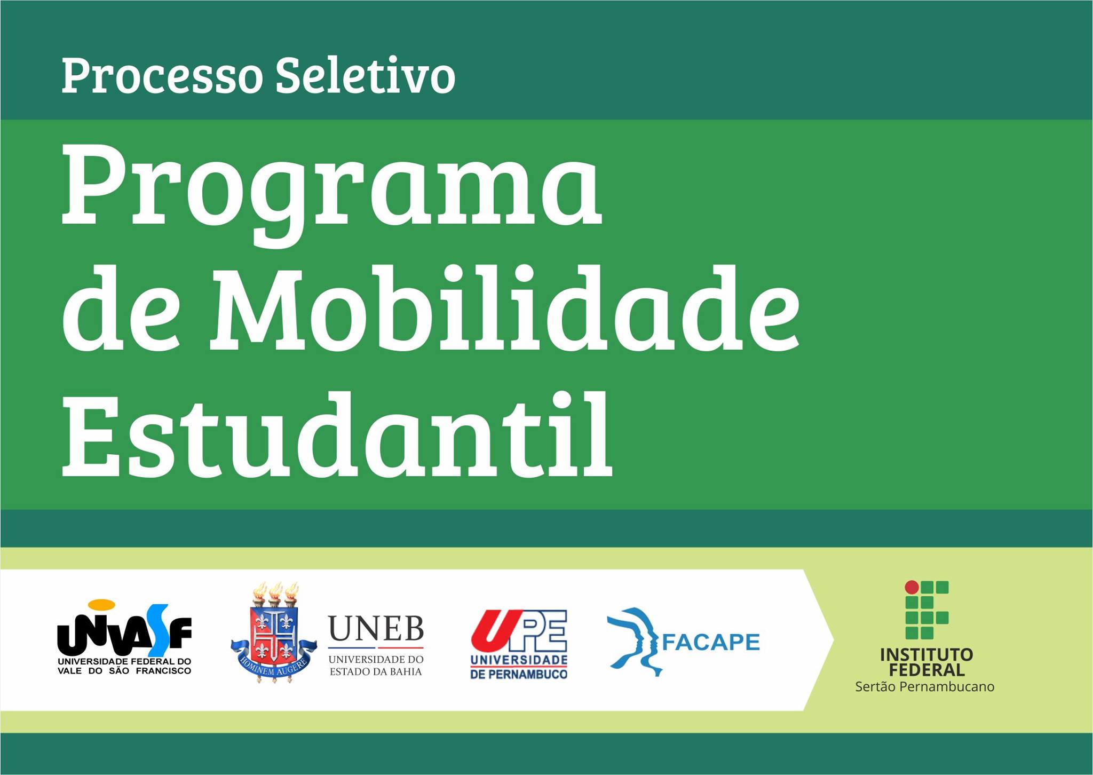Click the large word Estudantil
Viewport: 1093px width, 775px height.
337,433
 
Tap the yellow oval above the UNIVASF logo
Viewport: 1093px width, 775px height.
101,605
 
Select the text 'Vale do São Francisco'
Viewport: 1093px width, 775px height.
124,671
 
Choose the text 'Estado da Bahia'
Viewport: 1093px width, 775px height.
376,671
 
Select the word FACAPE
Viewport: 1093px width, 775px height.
711,642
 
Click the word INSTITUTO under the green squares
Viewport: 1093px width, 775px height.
926,654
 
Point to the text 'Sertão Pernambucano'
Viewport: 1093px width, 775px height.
925,686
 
